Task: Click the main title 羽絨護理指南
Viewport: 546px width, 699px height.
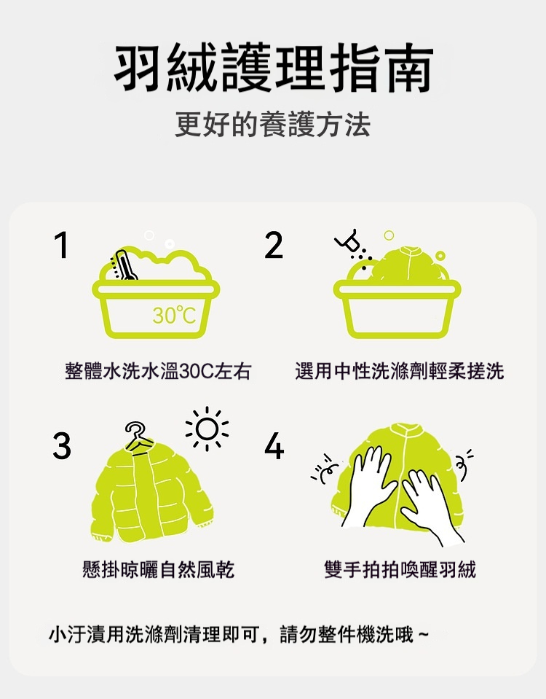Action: click(x=273, y=68)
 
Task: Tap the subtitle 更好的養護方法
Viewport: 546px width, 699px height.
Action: click(x=272, y=125)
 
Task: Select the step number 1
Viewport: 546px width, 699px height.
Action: click(x=61, y=245)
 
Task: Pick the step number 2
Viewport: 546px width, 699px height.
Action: click(x=274, y=245)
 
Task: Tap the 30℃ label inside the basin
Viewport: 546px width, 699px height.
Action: click(x=174, y=315)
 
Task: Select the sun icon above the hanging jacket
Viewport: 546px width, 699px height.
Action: click(x=207, y=429)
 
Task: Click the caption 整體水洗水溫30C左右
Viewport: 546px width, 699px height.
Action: click(x=158, y=371)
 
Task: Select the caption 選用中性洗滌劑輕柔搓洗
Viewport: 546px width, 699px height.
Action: click(x=400, y=371)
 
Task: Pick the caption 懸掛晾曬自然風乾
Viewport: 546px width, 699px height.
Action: click(x=158, y=569)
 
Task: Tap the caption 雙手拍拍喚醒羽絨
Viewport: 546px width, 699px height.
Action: click(x=400, y=569)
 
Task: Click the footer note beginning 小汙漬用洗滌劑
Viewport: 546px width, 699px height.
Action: click(x=238, y=634)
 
